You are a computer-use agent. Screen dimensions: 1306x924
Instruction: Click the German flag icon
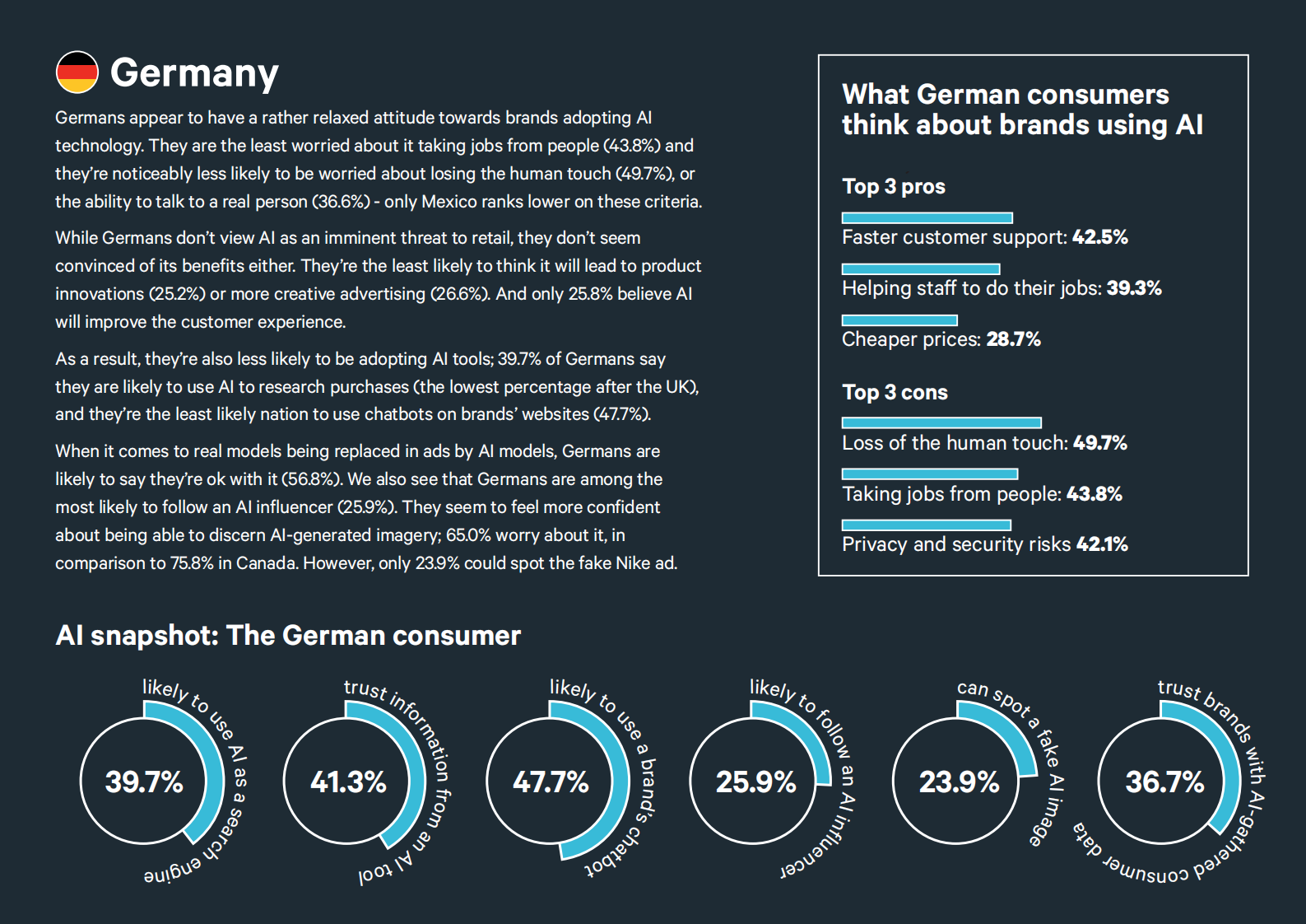77,72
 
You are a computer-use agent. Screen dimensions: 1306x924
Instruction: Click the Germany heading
195,74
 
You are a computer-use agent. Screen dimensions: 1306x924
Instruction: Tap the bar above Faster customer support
927,217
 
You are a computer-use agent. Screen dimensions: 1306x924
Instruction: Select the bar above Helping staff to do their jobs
921,269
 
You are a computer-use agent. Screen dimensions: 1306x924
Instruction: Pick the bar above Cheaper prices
899,320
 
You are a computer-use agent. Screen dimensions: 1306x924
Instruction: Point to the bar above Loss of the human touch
941,422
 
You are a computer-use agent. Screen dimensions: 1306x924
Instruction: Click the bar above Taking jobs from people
930,474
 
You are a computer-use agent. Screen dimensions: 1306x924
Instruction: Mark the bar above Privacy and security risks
927,525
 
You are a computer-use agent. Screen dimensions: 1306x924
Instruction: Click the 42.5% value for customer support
1100,237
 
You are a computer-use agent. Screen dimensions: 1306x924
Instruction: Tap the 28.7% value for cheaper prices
1013,339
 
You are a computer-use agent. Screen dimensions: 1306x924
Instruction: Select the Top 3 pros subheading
894,187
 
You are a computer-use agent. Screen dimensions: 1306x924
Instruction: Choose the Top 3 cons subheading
895,392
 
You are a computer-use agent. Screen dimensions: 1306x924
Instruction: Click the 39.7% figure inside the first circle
144,782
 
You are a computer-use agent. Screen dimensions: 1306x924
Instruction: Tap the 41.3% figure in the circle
348,782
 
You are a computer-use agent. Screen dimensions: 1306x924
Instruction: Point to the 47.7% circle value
551,782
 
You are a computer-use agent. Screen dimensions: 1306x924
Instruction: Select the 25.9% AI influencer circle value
755,782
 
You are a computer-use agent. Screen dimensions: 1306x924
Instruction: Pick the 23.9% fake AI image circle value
959,782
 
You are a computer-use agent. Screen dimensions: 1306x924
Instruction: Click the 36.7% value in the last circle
1164,782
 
